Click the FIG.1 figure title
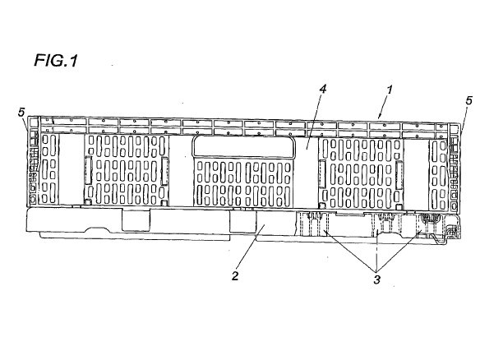tap(56, 60)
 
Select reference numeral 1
tap(389, 90)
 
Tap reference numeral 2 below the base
tap(235, 276)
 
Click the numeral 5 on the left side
tap(21, 112)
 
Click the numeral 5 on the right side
tap(468, 100)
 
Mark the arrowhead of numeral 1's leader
tap(380, 117)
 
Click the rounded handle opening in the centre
tap(243, 146)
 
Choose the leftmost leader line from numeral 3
tap(350, 251)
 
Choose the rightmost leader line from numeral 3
tap(399, 251)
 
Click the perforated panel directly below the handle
tap(243, 183)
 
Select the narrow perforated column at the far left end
tap(49, 169)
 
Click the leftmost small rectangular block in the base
tap(136, 219)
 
